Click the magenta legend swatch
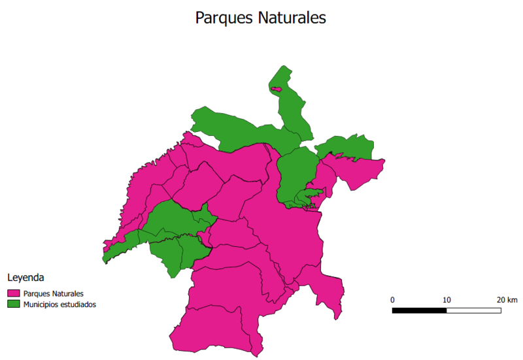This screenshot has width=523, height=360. [13, 293]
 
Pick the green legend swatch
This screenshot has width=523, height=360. [13, 304]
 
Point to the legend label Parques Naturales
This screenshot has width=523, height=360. [53, 293]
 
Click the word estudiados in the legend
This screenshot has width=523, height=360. [79, 304]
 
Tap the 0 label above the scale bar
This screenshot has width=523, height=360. [392, 299]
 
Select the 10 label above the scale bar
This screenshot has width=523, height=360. [447, 299]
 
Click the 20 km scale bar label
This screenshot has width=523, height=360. [507, 299]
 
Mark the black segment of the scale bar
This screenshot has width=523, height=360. [419, 310]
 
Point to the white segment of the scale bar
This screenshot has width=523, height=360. [474, 310]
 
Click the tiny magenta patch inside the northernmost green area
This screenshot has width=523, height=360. [277, 89]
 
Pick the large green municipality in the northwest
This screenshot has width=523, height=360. [235, 131]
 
